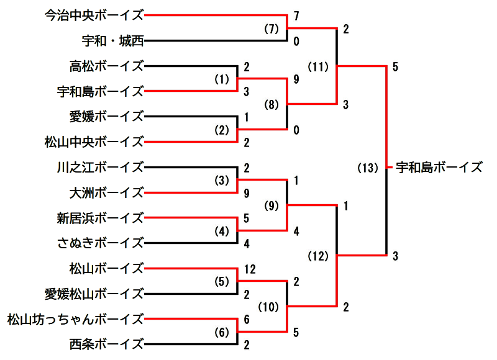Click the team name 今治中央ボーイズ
pyautogui.click(x=94, y=16)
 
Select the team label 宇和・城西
pyautogui.click(x=113, y=41)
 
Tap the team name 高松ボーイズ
pyautogui.click(x=107, y=66)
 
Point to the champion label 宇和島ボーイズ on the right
pyautogui.click(x=439, y=167)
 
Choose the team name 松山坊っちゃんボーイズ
pyautogui.click(x=76, y=319)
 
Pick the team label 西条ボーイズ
pyautogui.click(x=107, y=343)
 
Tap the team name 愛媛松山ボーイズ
pyautogui.click(x=94, y=294)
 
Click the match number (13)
pyautogui.click(x=368, y=168)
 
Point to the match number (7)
pyautogui.click(x=271, y=29)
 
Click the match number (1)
pyautogui.click(x=222, y=79)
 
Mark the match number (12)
pyautogui.click(x=319, y=255)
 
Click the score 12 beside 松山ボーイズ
pyautogui.click(x=250, y=269)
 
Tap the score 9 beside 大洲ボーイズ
pyautogui.click(x=247, y=193)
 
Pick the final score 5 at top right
pyautogui.click(x=396, y=66)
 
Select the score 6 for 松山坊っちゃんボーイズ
pyautogui.click(x=247, y=319)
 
